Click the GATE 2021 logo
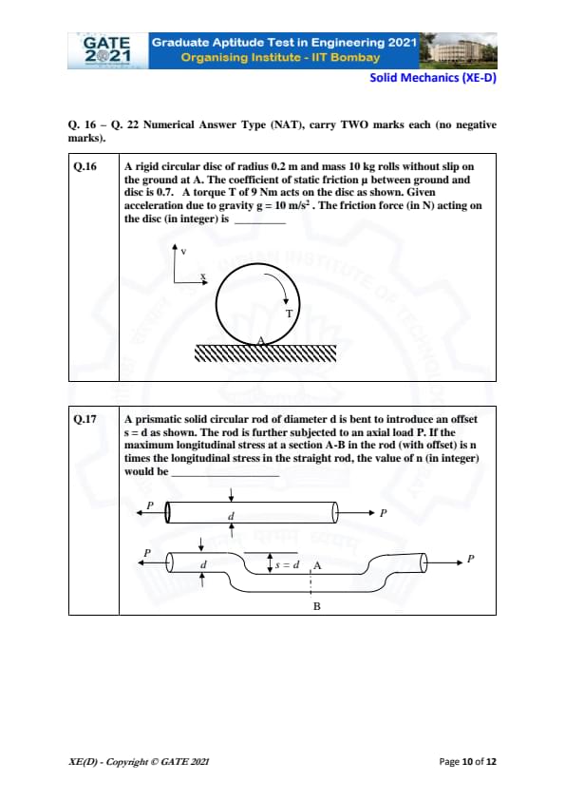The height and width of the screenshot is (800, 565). pyautogui.click(x=107, y=50)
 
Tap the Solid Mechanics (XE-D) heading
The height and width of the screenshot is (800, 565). pyautogui.click(x=433, y=78)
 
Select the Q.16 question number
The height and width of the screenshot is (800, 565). pyautogui.click(x=85, y=166)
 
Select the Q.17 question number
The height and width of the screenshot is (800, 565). pyautogui.click(x=85, y=419)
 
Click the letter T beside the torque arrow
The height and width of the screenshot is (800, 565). pyautogui.click(x=289, y=314)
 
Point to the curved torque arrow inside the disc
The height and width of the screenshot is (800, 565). pyautogui.click(x=279, y=282)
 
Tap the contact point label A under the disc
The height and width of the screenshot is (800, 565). pyautogui.click(x=261, y=340)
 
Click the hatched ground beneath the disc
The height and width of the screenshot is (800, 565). pyautogui.click(x=266, y=353)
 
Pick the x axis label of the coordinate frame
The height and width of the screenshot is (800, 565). pyautogui.click(x=202, y=276)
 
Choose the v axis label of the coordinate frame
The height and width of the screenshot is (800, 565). pyautogui.click(x=183, y=251)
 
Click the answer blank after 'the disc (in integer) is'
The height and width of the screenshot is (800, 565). pyautogui.click(x=260, y=223)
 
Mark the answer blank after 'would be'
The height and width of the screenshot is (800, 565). pyautogui.click(x=225, y=475)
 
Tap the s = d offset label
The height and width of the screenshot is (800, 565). pyautogui.click(x=288, y=564)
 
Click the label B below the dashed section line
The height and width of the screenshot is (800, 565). pyautogui.click(x=316, y=606)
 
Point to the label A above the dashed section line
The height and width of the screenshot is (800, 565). pyautogui.click(x=317, y=565)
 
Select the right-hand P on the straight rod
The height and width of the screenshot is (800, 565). pyautogui.click(x=384, y=513)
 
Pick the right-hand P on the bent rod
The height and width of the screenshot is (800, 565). pyautogui.click(x=471, y=559)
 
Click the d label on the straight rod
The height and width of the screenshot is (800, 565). pyautogui.click(x=231, y=516)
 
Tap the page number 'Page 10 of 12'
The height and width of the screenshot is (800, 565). pyautogui.click(x=467, y=762)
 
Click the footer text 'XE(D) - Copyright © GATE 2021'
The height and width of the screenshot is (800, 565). pyautogui.click(x=139, y=762)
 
